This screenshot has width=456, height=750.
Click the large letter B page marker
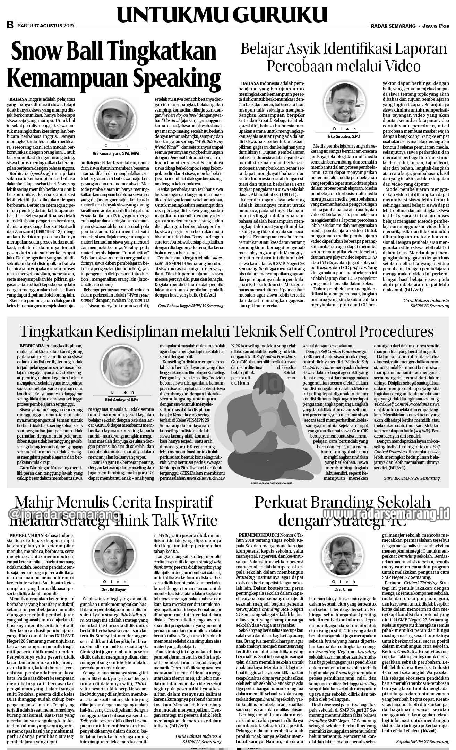(10, 25)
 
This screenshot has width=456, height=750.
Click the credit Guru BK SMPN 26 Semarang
(411, 478)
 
